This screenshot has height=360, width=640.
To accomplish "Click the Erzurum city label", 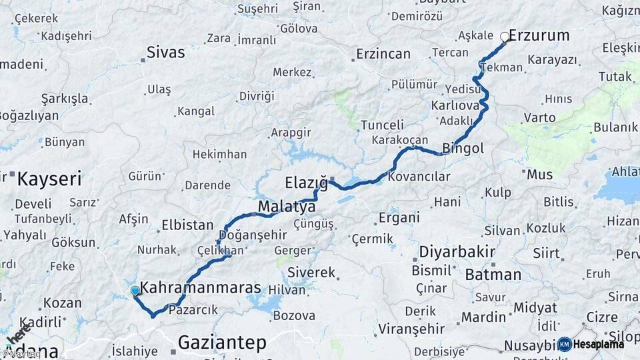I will tap(539, 35).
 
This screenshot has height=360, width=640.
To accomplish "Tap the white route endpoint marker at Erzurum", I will tap(505, 37).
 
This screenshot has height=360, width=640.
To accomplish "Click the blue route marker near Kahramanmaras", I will tap(135, 291).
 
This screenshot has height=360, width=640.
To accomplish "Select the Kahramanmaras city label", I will tap(201, 288).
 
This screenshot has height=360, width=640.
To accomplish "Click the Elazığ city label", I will tap(306, 183).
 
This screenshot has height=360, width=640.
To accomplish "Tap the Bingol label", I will tap(463, 148).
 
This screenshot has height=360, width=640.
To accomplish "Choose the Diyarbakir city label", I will tap(457, 252).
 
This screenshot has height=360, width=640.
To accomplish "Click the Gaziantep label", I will tap(222, 343).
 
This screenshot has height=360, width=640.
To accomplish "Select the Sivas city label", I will tap(165, 53).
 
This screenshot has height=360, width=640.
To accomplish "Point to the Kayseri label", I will tap(49, 179).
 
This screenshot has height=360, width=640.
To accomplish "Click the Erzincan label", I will tap(383, 54).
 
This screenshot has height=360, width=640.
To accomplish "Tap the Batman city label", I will tap(493, 274).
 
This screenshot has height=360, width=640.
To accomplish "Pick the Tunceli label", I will tap(382, 125).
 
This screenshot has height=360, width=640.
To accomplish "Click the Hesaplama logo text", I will tap(599, 344).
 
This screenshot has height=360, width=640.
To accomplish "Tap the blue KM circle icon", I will tap(564, 344).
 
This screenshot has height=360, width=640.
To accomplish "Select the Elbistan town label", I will tap(187, 225).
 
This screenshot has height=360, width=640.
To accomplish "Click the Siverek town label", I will tap(311, 273).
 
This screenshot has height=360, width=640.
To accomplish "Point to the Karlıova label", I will tap(455, 105).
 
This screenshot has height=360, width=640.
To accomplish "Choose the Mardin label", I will tap(484, 317).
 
